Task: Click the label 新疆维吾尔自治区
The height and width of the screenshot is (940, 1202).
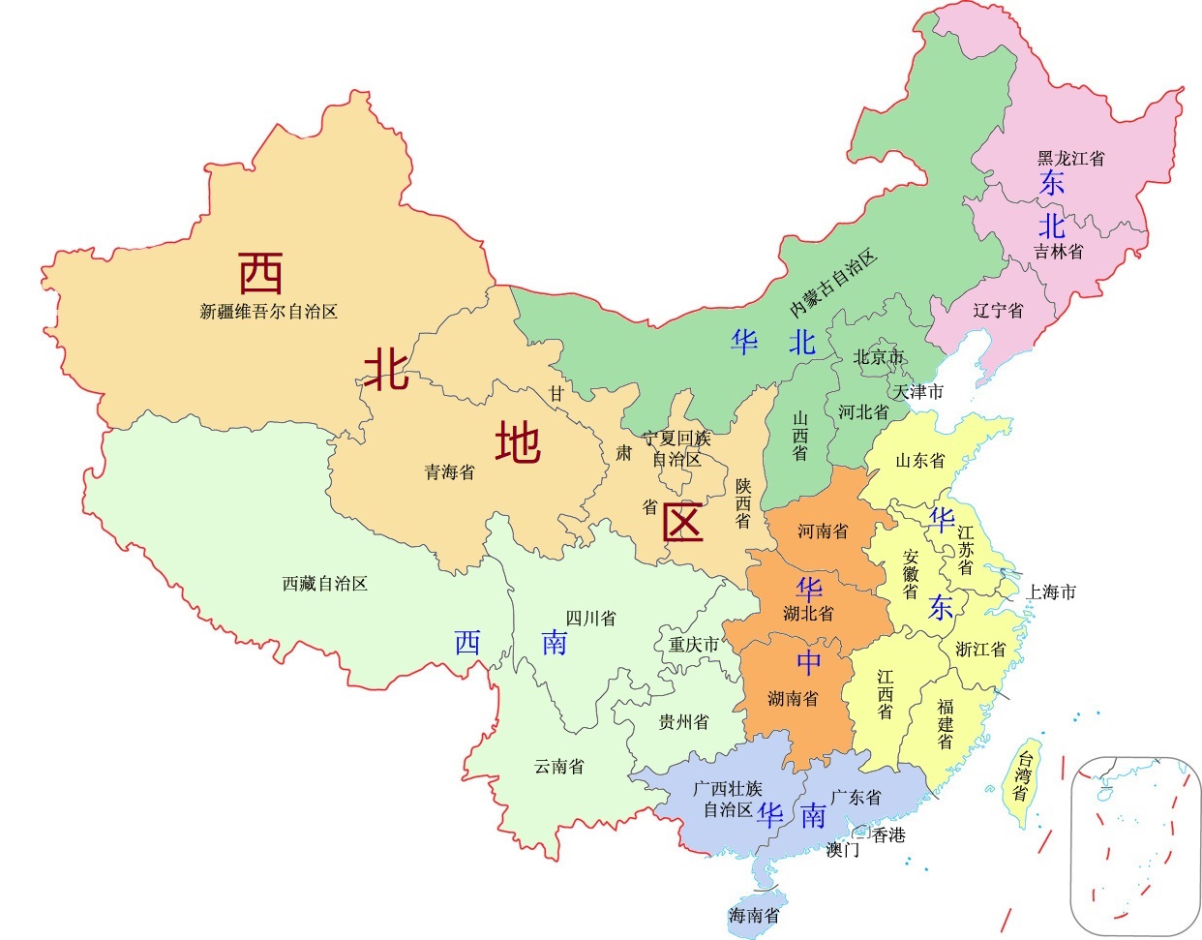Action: point(268,312)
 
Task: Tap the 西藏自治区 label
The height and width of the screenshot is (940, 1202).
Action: point(324,584)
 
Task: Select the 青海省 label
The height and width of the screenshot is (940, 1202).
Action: point(450,472)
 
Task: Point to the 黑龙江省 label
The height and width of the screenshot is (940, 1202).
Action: point(1070,158)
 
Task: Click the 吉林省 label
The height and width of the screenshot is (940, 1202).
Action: point(1059,251)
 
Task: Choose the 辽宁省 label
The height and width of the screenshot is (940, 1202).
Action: point(998,311)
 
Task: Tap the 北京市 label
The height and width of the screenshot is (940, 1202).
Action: point(878,357)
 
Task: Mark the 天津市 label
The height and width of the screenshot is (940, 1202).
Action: point(917,392)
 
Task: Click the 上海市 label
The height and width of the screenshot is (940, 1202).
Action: point(1051,591)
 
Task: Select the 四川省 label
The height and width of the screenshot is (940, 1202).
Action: point(590,618)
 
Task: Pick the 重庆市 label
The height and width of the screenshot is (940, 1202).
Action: point(694,644)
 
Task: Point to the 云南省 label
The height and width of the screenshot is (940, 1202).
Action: point(559,767)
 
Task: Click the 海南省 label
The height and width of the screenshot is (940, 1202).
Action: point(754,915)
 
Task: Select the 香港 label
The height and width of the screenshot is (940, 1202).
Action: point(888,834)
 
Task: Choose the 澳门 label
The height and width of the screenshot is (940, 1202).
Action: point(843,850)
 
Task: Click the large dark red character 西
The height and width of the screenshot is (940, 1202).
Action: point(261,274)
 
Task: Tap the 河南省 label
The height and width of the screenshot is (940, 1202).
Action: point(823,531)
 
